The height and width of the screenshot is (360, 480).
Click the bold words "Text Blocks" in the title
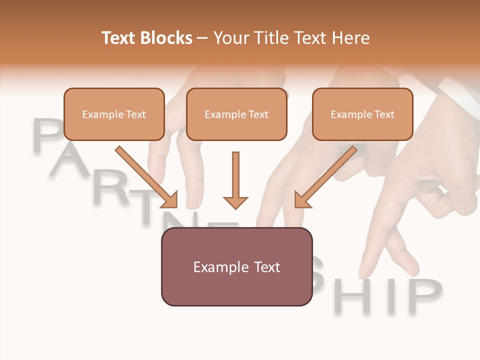pos(147,38)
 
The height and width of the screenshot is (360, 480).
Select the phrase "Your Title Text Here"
pos(291,38)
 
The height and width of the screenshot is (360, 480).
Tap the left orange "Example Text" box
pos(114,114)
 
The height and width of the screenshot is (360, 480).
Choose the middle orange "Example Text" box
pos(236,114)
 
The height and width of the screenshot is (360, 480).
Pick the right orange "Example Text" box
pos(362,114)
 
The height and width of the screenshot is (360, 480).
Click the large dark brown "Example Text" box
pos(236,267)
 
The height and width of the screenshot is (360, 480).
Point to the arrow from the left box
pos(146,176)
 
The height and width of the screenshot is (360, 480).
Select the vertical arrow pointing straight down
pos(235,180)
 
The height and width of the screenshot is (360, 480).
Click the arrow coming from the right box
pos(325,176)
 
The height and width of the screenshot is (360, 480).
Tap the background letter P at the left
pos(47,136)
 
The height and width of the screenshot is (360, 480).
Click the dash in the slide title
pos(202,38)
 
